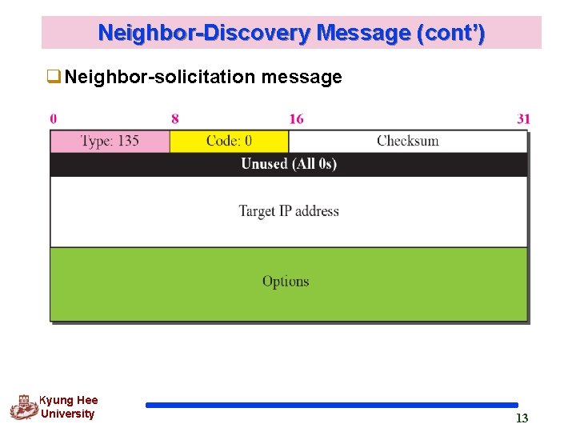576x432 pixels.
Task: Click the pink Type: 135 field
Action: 110,142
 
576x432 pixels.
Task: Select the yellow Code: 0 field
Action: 229,142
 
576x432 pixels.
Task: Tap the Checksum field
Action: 408,142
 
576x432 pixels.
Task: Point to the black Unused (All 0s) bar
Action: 289,164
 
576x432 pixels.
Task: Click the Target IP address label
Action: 289,211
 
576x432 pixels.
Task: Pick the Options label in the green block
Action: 286,282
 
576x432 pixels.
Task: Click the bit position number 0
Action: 54,119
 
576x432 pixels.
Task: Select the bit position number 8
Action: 175,119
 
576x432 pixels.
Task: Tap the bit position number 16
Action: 296,119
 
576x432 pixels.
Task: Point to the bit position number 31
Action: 523,119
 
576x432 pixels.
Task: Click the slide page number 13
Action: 522,418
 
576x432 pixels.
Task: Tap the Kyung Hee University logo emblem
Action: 24,407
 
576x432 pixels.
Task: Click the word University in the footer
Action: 67,414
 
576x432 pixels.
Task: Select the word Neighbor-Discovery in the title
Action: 204,34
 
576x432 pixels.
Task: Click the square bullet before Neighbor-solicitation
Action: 54,78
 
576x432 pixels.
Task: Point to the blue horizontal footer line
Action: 332,406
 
